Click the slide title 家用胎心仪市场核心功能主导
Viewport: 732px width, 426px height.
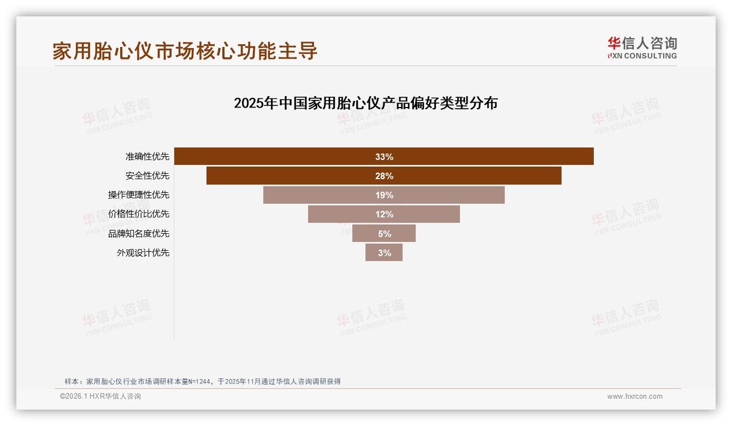(x=185, y=51)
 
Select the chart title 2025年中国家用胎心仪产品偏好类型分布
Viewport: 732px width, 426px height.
(x=365, y=103)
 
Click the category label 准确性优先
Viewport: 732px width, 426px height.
(x=147, y=157)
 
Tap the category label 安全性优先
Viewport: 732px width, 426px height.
(x=147, y=176)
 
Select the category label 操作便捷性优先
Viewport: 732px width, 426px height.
(x=139, y=195)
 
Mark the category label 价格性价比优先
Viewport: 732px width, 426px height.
(x=139, y=214)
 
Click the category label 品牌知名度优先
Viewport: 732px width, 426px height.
(x=139, y=233)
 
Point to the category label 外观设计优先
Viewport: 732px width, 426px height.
(x=143, y=252)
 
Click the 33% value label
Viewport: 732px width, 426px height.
(x=384, y=157)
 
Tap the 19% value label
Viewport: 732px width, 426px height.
(x=384, y=195)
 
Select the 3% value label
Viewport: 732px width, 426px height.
(x=385, y=253)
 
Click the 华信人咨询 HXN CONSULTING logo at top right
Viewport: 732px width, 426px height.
(x=642, y=48)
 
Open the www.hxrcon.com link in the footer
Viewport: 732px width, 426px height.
(x=635, y=397)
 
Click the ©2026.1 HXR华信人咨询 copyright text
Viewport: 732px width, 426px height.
(x=101, y=397)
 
